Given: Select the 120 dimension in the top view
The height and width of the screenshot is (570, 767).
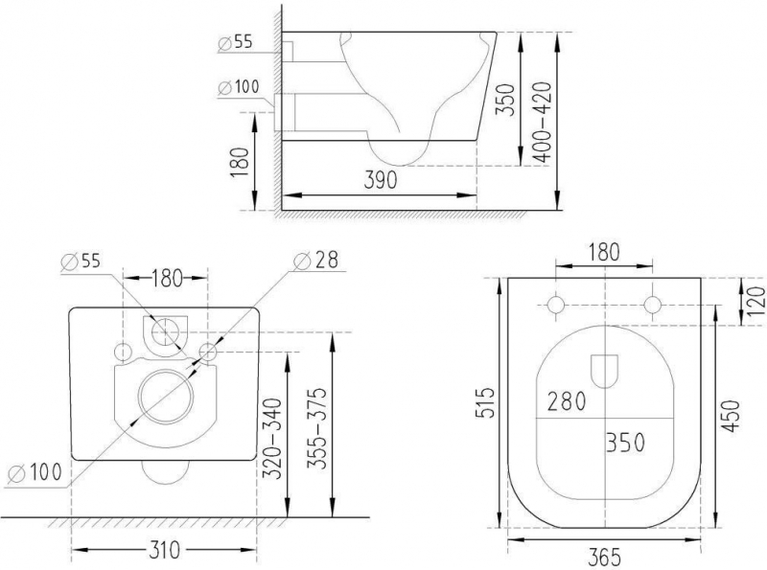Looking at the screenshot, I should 756,303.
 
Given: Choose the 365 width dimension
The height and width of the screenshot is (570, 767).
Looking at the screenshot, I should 604,555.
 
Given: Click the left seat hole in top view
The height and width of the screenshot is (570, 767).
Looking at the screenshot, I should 555,305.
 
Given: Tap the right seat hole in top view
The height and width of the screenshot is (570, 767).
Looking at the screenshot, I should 653,305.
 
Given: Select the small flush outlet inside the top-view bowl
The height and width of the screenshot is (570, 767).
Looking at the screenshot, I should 604,370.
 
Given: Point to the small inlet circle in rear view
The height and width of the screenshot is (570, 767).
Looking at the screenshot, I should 166,331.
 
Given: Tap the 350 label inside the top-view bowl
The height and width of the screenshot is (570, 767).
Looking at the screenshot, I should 624,442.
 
